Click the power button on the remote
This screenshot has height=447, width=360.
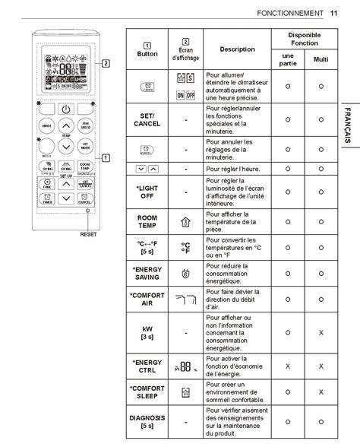[66, 109]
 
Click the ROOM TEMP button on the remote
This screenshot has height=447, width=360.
[85, 166]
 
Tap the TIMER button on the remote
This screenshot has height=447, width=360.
[47, 201]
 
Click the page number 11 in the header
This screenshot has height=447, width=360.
[334, 13]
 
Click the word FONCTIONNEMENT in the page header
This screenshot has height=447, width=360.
[289, 13]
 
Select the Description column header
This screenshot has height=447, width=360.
[237, 49]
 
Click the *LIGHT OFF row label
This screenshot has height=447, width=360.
[147, 192]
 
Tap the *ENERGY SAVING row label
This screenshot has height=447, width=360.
[147, 273]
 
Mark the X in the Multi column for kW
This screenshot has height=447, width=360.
[321, 332]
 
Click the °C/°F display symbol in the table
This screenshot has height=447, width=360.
[186, 247]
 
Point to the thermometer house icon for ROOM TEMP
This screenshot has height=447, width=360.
[186, 222]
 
